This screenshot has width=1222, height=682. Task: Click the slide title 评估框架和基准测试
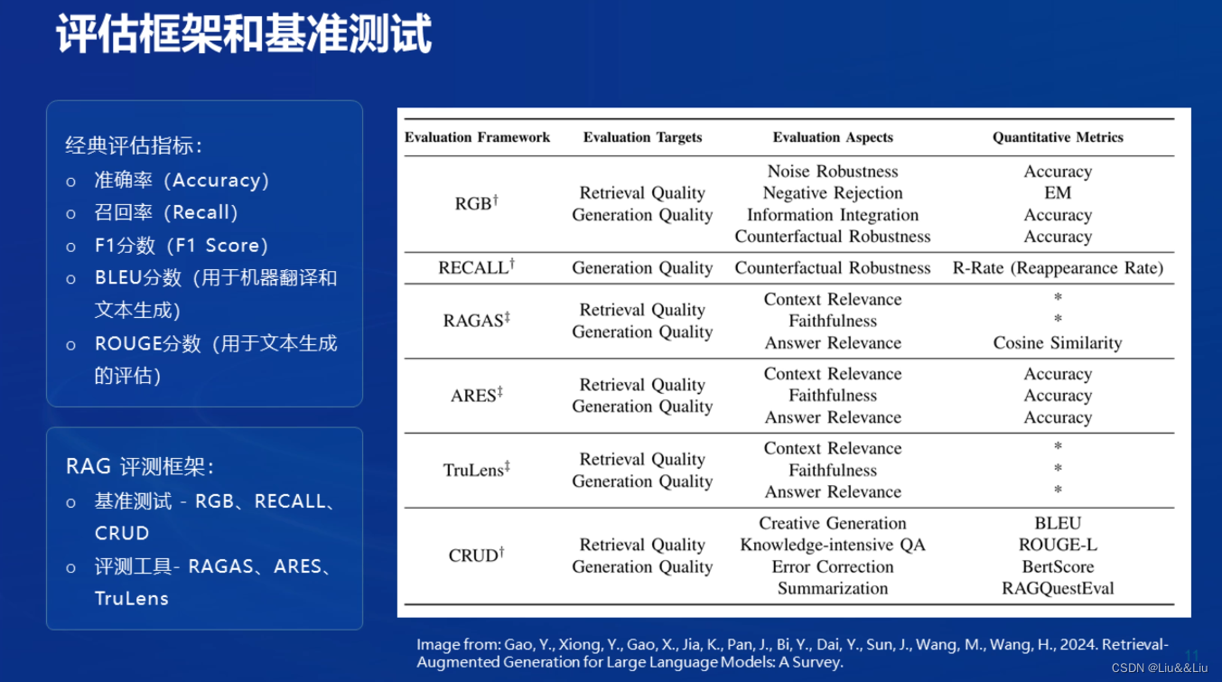pos(244,33)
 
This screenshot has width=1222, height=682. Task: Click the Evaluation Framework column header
pos(477,137)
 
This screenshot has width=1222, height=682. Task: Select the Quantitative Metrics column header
pos(1058,137)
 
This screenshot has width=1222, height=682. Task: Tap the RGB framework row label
pos(477,202)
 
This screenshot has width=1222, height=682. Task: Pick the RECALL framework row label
pos(477,266)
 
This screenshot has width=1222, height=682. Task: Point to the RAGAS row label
pos(477,320)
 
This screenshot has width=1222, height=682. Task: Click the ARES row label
pos(477,395)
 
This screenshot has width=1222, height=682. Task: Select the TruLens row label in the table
pos(477,469)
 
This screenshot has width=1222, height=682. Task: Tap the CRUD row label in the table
pos(477,555)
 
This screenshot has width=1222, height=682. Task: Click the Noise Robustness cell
pos(833,172)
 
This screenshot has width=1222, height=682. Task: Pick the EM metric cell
pos(1058,192)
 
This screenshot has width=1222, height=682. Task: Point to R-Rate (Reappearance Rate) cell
pos(1058,268)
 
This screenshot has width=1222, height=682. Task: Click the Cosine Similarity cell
pos(1058,342)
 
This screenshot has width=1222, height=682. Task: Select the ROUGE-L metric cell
pos(1058,545)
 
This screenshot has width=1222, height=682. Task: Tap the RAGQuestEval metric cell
pos(1058,588)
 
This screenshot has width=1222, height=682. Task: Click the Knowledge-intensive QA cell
pos(833,545)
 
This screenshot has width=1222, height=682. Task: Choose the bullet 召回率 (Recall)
pos(166,212)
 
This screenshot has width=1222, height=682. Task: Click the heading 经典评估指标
pos(135,145)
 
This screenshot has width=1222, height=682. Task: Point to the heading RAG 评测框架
pos(140,466)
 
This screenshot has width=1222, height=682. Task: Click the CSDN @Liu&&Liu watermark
pos(1160,668)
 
